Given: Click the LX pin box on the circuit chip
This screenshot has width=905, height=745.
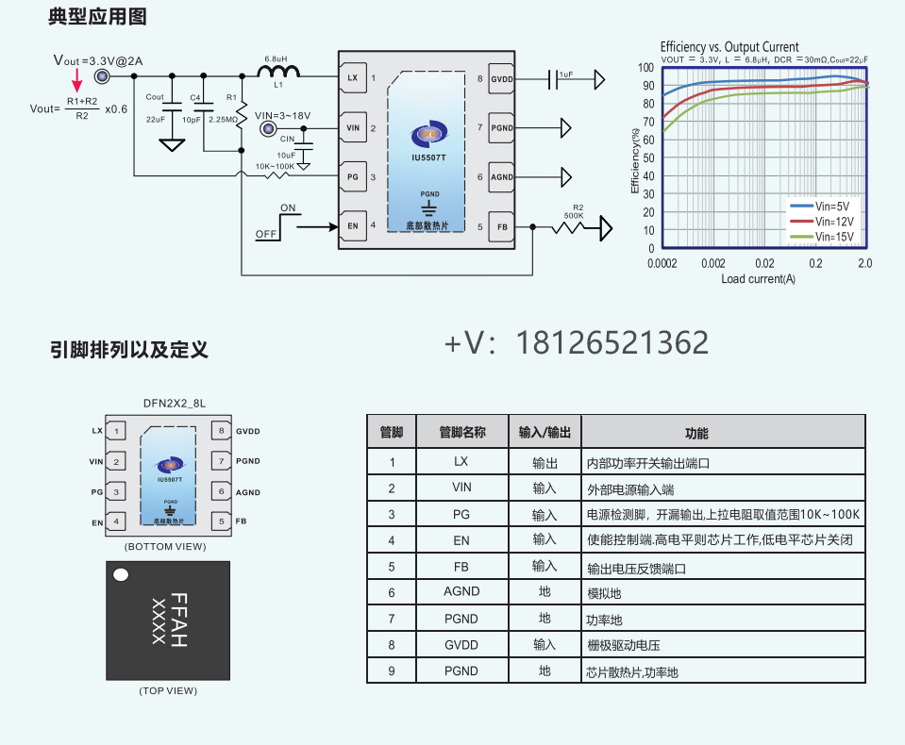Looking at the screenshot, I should tap(352, 78).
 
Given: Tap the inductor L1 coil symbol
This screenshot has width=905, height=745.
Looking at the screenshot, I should tap(278, 71).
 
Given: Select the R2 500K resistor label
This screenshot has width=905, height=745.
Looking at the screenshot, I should tap(573, 211).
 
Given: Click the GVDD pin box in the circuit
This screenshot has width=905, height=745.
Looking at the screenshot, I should tap(500, 78).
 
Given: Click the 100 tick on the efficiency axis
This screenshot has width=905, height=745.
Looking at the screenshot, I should tap(645, 68).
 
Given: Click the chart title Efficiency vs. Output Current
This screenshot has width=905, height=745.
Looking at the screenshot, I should tap(729, 46).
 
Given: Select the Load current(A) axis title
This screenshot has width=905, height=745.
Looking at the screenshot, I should tap(758, 279).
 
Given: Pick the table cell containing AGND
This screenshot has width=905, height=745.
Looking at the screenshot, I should tap(461, 591).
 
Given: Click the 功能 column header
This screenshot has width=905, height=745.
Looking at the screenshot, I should tap(697, 433).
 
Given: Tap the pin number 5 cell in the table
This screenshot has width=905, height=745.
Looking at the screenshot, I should tap(392, 567).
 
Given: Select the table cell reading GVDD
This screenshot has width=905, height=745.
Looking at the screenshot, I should tap(461, 645).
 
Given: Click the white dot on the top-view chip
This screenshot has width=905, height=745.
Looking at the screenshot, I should tap(121, 574).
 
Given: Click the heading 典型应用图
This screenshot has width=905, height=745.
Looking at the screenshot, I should tap(97, 17).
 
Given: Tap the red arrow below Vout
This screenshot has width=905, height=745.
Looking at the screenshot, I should tap(77, 88).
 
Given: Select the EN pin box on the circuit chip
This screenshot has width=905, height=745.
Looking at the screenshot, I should tap(352, 226).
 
